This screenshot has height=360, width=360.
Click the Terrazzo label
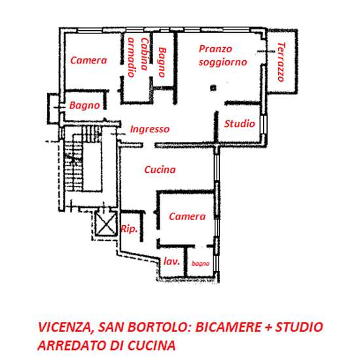[x=281, y=62]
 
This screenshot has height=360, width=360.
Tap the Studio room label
[x=240, y=124]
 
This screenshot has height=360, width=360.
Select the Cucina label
[x=160, y=170]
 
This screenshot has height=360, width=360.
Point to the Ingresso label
[x=150, y=129]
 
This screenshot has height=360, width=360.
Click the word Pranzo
[x=215, y=49]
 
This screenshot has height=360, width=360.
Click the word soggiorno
[x=223, y=62]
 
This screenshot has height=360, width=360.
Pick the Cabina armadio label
[x=138, y=57]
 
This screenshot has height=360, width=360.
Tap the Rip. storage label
[x=129, y=229]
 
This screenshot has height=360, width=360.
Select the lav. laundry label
[x=171, y=261]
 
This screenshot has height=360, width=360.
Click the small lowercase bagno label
[x=200, y=264]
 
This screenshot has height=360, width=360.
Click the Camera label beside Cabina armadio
[x=88, y=60]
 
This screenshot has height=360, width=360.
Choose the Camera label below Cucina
[x=187, y=217]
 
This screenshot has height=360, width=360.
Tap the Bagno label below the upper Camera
[x=84, y=105]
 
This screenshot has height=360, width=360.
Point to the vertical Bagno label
[x=162, y=62]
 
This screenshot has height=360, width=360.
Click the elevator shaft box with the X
[x=105, y=224]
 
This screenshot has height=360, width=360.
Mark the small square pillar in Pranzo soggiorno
[x=213, y=88]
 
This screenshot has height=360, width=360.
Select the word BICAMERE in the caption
[x=228, y=327]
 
